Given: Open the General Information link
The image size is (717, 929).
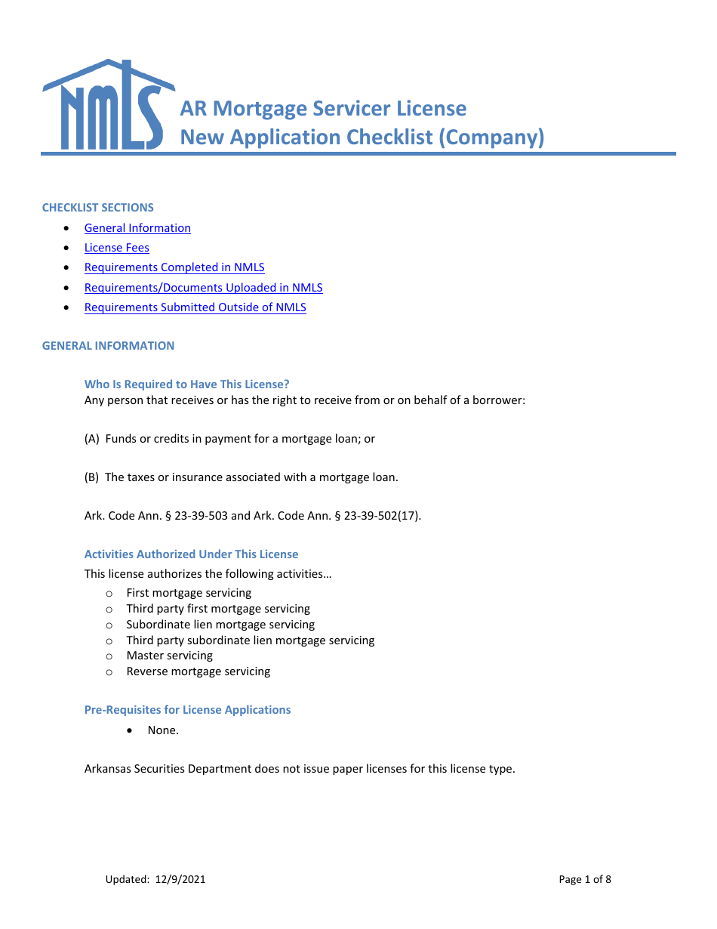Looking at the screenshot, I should (x=137, y=228).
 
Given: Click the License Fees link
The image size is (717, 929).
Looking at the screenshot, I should (x=117, y=248).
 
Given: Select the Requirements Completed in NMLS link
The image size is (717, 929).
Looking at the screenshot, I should (x=174, y=267).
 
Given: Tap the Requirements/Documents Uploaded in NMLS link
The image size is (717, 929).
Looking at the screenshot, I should (x=203, y=288).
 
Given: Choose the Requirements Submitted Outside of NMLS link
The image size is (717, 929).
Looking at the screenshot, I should (x=195, y=307).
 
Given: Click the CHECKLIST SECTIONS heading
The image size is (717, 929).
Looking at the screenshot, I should (x=97, y=208).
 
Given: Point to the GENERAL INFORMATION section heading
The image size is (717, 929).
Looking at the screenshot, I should (x=108, y=346).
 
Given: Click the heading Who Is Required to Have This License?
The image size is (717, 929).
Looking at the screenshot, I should (x=186, y=384).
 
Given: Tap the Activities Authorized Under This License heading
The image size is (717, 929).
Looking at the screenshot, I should (x=191, y=554).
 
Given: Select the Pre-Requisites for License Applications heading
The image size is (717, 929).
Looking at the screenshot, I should (x=187, y=710).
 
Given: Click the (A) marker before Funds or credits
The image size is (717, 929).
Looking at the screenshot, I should (x=92, y=439).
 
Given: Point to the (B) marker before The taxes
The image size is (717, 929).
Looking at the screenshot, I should (x=92, y=477).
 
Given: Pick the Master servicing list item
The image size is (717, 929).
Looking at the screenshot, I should (x=169, y=656).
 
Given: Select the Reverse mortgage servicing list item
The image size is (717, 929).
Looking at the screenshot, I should (x=198, y=671).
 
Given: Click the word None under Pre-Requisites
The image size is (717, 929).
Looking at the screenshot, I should (x=162, y=730).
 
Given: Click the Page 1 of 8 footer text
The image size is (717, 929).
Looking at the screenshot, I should (x=585, y=879).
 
